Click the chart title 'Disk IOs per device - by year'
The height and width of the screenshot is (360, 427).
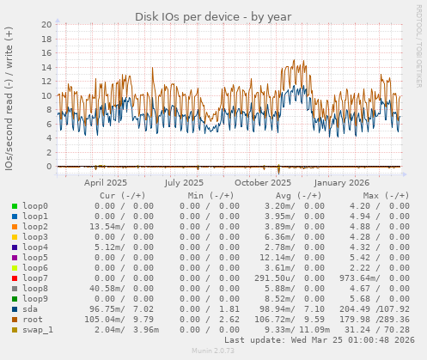[212, 17]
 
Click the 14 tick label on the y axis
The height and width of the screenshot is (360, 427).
[46, 68]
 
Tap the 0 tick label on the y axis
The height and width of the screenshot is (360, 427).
[49, 167]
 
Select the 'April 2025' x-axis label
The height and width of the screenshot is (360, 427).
[106, 182]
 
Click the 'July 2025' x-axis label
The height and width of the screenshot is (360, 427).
[184, 182]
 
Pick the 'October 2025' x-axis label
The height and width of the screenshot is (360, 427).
[263, 182]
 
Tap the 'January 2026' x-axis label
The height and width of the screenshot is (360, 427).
[341, 182]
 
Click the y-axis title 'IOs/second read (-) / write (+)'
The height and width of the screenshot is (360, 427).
[9, 98]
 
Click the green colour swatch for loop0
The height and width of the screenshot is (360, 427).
[14, 206]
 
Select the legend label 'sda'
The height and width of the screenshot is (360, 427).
[30, 309]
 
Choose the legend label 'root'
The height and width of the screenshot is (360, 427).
[33, 320]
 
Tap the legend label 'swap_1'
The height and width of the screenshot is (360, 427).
[38, 330]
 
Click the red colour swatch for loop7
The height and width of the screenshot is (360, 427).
[14, 278]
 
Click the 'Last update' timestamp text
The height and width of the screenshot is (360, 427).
[318, 340]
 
